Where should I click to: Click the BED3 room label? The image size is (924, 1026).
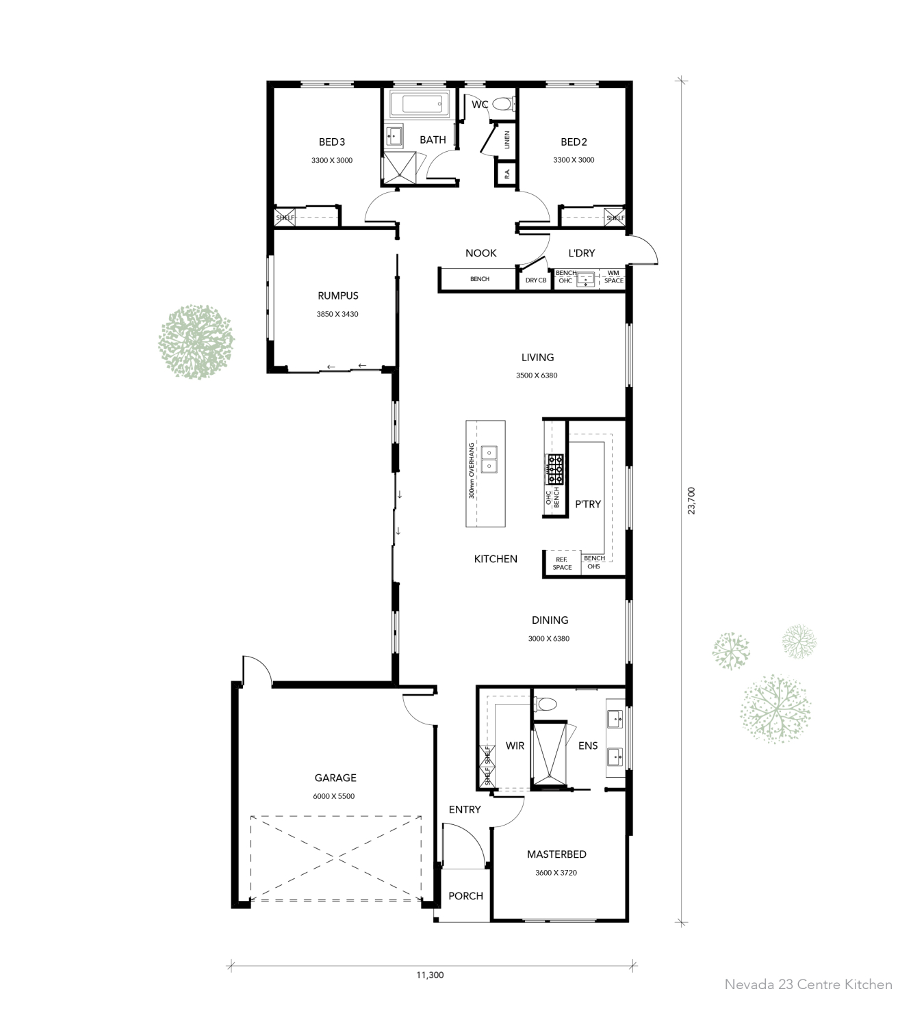tap(332, 142)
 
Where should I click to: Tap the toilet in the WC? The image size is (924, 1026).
tap(503, 105)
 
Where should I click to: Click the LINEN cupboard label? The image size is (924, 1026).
tap(506, 140)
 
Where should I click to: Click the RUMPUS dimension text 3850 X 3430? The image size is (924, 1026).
tap(337, 315)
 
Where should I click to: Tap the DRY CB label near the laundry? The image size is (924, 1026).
tap(535, 280)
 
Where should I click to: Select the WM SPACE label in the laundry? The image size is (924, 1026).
tap(613, 277)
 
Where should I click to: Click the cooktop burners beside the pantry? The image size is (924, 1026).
tap(554, 469)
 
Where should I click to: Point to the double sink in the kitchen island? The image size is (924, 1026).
tap(489, 459)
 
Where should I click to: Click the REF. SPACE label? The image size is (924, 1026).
tap(562, 564)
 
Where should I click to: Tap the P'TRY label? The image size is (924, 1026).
tap(587, 504)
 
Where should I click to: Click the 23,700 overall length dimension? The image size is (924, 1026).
tap(691, 500)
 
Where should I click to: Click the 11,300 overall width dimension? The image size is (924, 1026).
tap(430, 975)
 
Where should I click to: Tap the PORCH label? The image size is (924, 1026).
tap(465, 896)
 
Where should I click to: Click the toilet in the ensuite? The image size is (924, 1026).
tap(546, 704)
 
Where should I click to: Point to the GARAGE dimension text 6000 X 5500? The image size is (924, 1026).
tap(335, 796)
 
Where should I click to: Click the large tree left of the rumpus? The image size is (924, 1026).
tap(196, 342)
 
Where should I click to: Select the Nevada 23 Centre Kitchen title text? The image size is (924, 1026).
tap(808, 985)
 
